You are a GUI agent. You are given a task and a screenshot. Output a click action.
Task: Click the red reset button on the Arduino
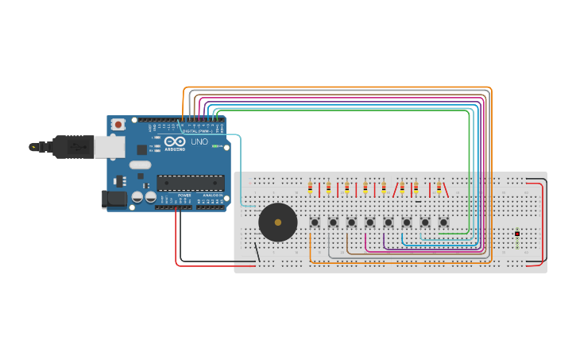118,124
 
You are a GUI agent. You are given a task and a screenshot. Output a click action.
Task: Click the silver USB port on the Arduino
109,146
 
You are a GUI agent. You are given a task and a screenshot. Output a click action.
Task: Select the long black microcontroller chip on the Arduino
190,183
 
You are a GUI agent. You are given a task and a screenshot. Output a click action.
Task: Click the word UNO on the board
199,142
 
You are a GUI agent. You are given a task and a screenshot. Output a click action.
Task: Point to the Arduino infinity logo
175,141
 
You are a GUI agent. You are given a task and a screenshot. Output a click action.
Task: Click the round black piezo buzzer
277,222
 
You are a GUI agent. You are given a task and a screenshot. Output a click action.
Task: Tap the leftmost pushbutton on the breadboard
315,223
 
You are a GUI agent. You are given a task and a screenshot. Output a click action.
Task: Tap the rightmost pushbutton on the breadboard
443,223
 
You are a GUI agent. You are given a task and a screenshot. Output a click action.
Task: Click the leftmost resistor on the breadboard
310,188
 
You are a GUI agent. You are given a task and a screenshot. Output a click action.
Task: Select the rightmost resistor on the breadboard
439,188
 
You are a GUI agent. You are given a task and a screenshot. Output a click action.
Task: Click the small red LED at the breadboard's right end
517,233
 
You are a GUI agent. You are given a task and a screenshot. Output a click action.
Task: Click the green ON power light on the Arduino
215,146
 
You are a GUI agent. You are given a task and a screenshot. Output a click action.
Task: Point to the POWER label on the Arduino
184,195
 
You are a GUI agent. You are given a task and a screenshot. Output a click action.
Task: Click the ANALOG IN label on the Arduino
212,195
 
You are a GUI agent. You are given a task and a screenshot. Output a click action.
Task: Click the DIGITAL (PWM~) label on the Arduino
196,131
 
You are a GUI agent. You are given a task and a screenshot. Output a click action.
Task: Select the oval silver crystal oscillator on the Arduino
140,165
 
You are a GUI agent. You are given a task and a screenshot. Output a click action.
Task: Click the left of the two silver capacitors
137,196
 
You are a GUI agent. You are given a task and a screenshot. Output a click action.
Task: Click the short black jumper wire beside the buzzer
256,252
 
